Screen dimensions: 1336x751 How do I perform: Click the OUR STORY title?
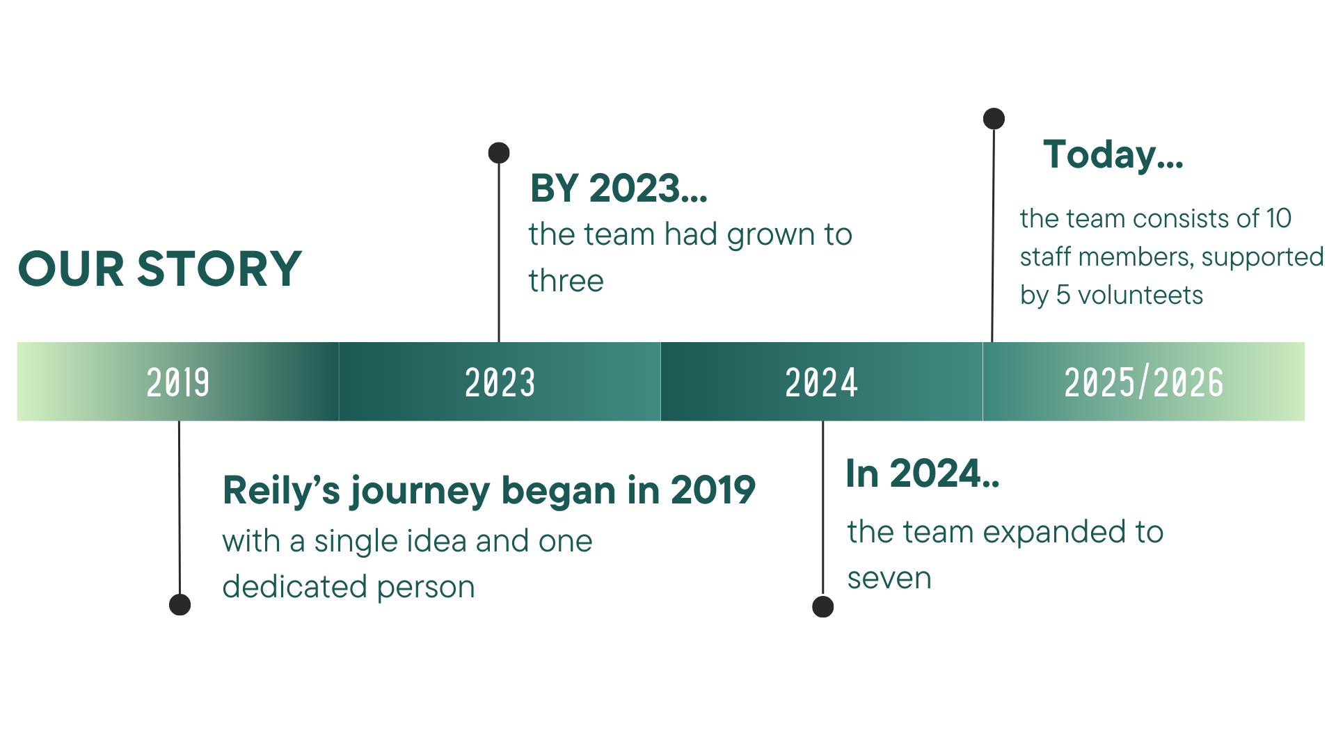160,269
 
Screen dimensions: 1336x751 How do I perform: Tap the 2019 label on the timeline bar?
178,382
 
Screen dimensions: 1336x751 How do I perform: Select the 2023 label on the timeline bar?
500,382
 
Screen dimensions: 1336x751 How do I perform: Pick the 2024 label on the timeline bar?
822,382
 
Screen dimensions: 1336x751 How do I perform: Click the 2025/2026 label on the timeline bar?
1144,382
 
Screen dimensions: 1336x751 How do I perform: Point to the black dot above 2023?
499,153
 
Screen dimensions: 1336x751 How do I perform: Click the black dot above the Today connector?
994,119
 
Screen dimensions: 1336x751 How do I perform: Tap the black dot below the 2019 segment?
180,604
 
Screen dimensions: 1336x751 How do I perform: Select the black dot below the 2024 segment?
823,606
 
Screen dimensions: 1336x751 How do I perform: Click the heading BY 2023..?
619,188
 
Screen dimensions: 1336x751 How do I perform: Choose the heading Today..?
1113,155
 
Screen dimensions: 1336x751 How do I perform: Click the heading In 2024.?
923,474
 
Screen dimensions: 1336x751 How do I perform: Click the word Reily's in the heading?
281,490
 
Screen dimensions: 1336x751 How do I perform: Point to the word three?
566,281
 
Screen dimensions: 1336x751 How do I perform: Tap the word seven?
889,578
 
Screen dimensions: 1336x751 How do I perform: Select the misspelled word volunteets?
1140,296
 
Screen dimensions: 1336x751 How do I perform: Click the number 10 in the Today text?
1279,218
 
